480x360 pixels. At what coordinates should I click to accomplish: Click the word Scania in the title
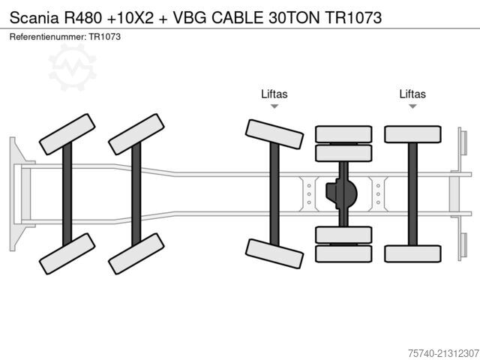pyautogui.click(x=34, y=17)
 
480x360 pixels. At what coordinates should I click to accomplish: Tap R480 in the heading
pyautogui.click(x=82, y=17)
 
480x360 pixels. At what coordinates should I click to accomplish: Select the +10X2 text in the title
pyautogui.click(x=130, y=17)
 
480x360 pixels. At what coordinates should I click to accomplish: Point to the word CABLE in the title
pyautogui.click(x=237, y=17)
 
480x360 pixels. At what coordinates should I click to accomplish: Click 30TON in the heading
pyautogui.click(x=294, y=17)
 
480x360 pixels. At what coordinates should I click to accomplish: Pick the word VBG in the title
pyautogui.click(x=190, y=17)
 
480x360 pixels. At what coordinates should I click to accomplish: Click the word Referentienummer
pyautogui.click(x=48, y=37)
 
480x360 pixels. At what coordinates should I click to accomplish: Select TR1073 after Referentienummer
pyautogui.click(x=105, y=37)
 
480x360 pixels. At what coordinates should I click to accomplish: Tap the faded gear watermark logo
pyautogui.click(x=73, y=67)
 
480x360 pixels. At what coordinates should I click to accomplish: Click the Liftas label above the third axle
pyautogui.click(x=274, y=94)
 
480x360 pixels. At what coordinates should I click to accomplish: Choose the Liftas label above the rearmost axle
pyautogui.click(x=412, y=94)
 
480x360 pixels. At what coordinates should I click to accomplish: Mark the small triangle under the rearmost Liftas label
pyautogui.click(x=412, y=106)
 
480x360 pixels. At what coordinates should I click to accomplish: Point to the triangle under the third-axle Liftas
pyautogui.click(x=274, y=106)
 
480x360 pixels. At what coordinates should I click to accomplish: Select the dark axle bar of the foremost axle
pyautogui.click(x=67, y=194)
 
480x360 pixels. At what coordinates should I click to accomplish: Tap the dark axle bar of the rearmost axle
pyautogui.click(x=412, y=194)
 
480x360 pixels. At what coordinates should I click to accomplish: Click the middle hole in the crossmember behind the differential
pyautogui.click(x=378, y=194)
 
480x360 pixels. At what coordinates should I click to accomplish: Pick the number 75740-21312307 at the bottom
pyautogui.click(x=443, y=353)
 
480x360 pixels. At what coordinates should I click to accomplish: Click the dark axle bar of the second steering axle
pyautogui.click(x=136, y=194)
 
